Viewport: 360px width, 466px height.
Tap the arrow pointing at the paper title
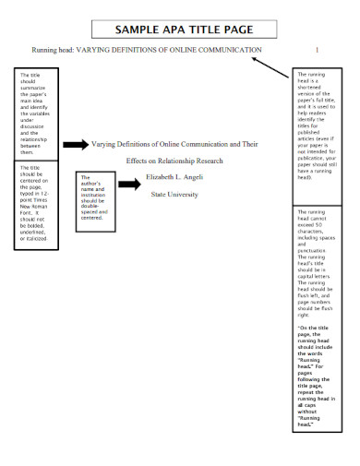click(x=75, y=144)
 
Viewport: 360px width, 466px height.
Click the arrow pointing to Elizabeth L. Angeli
click(x=130, y=184)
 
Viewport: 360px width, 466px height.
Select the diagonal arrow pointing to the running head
click(x=270, y=66)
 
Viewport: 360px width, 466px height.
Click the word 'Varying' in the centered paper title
click(x=108, y=144)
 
